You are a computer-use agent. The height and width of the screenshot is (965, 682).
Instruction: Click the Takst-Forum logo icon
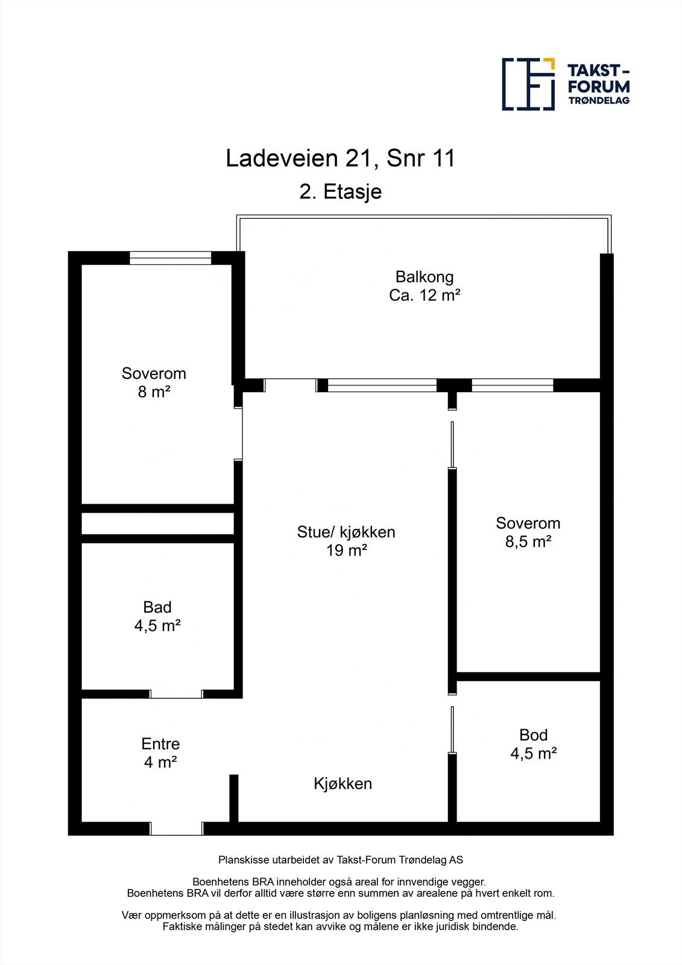click(528, 84)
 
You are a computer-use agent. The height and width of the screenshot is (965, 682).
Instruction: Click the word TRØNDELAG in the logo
click(599, 101)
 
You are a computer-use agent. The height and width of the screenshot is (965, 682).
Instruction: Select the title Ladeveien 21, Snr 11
click(340, 159)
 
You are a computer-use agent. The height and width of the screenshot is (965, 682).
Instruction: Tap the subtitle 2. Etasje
click(340, 192)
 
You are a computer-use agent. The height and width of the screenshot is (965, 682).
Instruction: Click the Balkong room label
click(424, 277)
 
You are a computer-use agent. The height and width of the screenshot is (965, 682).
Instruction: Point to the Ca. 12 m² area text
click(425, 296)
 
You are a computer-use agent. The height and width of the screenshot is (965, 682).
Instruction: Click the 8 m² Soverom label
click(154, 392)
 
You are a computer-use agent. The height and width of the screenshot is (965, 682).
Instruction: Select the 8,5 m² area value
click(528, 542)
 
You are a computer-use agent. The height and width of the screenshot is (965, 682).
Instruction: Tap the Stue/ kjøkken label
click(346, 532)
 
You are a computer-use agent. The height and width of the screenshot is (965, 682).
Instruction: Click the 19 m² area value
click(346, 551)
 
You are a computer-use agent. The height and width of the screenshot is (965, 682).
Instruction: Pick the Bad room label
click(157, 607)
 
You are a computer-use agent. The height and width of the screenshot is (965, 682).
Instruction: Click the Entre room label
click(160, 744)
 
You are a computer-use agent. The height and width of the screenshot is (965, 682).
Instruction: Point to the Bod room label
click(533, 735)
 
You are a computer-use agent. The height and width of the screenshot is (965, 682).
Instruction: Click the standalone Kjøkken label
click(343, 783)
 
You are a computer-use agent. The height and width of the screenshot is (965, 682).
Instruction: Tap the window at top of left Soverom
click(171, 258)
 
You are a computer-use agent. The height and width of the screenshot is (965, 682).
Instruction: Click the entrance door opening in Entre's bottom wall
click(176, 829)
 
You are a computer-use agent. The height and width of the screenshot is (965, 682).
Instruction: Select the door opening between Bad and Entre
click(176, 694)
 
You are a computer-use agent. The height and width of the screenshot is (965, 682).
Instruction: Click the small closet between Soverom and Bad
click(157, 524)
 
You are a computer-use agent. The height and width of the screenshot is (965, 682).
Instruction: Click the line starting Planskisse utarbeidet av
click(340, 860)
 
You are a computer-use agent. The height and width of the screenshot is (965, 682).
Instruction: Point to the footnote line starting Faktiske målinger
click(340, 927)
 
